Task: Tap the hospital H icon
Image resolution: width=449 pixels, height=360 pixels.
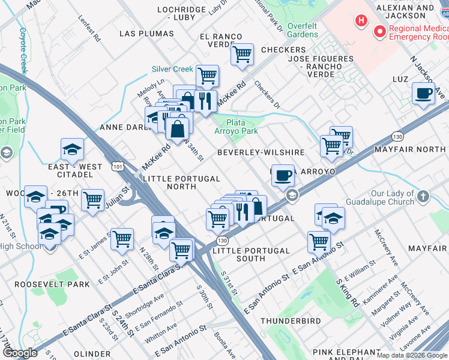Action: coord(361,21)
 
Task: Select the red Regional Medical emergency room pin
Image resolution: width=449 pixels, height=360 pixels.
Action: coord(379,31)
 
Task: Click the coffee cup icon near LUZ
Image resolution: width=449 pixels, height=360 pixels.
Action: coord(423,94)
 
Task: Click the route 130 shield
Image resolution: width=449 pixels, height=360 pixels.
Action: coord(223,240)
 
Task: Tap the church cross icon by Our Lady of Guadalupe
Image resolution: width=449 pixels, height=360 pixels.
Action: coord(423,196)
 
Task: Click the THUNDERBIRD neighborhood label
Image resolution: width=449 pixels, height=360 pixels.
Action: coord(291,322)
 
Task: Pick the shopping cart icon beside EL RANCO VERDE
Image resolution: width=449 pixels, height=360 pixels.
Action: coord(242,54)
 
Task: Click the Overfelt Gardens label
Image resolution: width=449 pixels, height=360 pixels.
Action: coord(303,30)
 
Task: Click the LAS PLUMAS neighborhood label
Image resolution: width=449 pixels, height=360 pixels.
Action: coord(143,34)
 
